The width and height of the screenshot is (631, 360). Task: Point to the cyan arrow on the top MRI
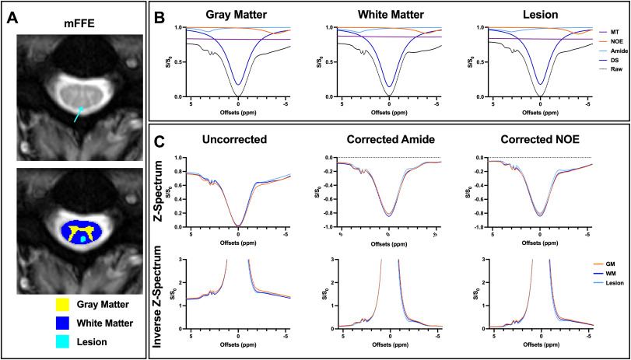pyautogui.click(x=80, y=114)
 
